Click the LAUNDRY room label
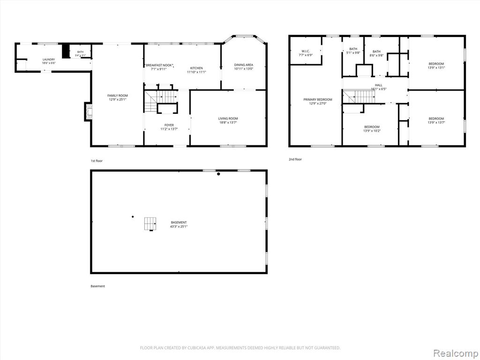click(x=49, y=60)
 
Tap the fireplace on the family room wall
click(x=88, y=112)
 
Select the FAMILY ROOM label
click(x=118, y=96)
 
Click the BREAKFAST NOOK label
click(x=159, y=65)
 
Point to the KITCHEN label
click(x=196, y=68)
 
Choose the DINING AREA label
click(x=244, y=65)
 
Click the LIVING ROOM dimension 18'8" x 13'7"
click(x=228, y=122)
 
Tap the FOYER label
click(x=169, y=125)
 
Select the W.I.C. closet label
click(x=306, y=51)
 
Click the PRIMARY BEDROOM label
click(x=318, y=99)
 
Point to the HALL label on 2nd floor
click(x=379, y=85)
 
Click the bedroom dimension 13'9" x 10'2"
click(x=372, y=131)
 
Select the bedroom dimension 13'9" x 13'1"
click(x=436, y=67)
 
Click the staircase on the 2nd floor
click(x=359, y=97)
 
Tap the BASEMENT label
click(x=179, y=223)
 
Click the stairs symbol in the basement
click(x=150, y=224)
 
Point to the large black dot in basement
click(x=218, y=174)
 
